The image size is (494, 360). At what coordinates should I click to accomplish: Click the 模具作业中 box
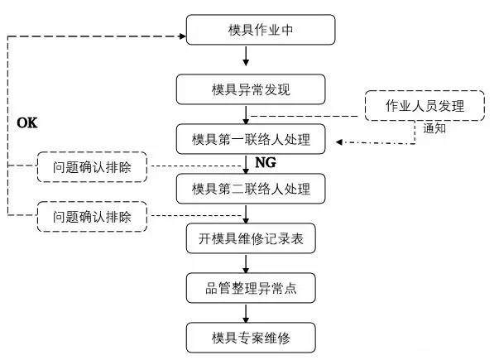[261, 31]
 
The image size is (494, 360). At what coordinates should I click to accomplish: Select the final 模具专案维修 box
[251, 338]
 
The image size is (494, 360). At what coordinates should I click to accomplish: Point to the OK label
[28, 122]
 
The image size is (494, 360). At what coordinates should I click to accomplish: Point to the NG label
[265, 162]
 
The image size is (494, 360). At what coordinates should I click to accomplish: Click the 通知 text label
[435, 129]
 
